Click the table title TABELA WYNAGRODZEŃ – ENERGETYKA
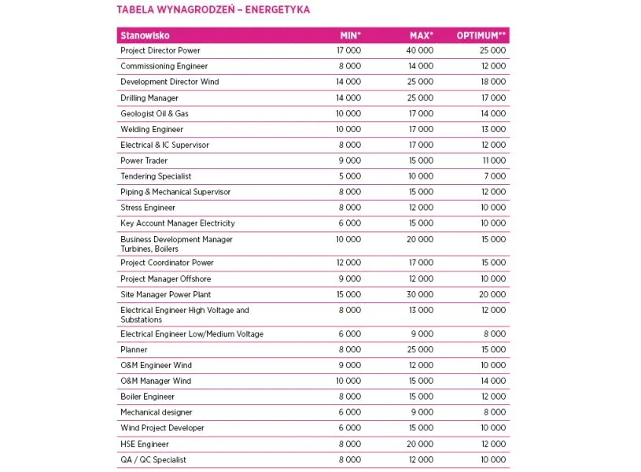[212, 10]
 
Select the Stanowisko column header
[145, 35]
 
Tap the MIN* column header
[350, 35]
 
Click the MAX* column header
[421, 35]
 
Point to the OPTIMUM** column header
[482, 35]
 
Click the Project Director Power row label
[160, 50]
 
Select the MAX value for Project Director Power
[420, 50]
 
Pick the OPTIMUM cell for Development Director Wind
[493, 82]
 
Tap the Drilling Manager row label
[149, 98]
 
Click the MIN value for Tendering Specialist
[349, 176]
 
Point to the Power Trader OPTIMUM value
[494, 160]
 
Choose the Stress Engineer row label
[148, 208]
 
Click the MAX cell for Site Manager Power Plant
[420, 294]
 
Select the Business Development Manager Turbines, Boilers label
[176, 244]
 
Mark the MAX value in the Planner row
[420, 349]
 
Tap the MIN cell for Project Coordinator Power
[348, 263]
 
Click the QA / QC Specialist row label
[153, 459]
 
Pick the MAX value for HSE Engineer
[420, 444]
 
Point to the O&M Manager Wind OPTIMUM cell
[493, 381]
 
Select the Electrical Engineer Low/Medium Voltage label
[192, 334]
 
